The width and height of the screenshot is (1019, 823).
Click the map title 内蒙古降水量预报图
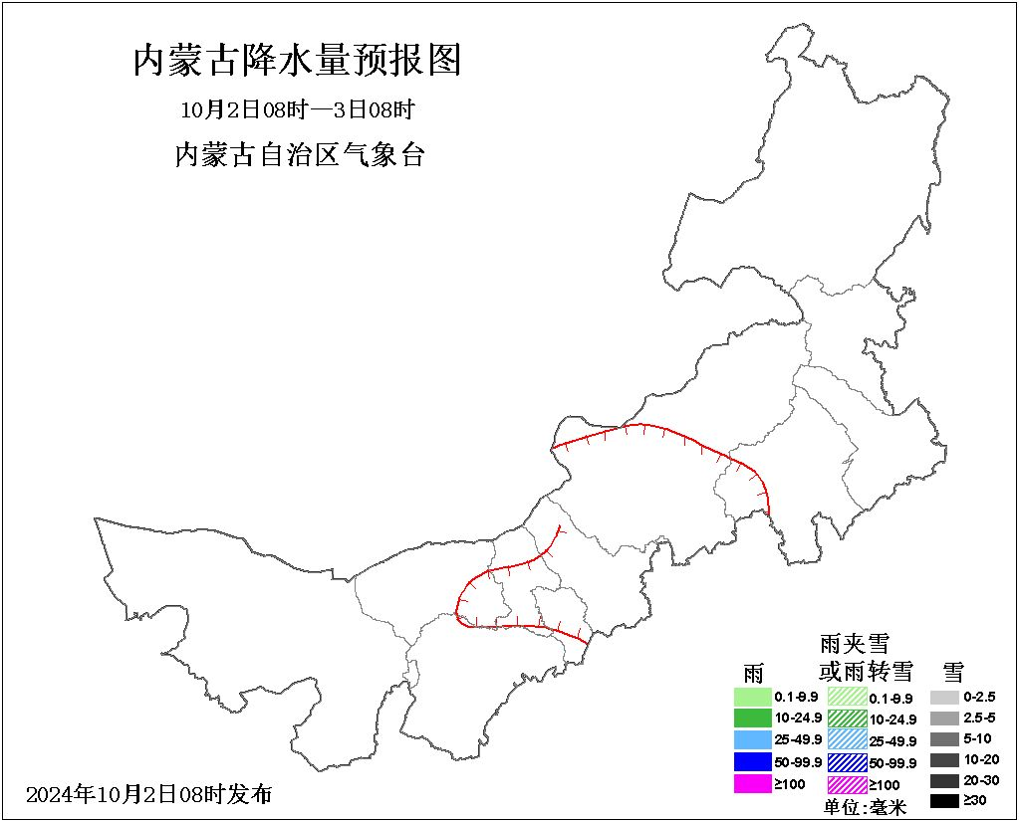point(298,62)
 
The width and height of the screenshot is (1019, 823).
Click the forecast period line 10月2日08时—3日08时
point(297,108)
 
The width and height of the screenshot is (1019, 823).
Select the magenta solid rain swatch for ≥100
point(753,783)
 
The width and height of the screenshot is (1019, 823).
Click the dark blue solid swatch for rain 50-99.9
point(753,761)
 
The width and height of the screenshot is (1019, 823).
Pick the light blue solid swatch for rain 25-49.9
point(753,739)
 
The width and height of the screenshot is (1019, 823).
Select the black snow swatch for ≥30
point(945,800)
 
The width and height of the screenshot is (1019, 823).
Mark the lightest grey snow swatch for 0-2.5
point(945,698)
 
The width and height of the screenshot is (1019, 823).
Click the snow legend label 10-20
point(981,759)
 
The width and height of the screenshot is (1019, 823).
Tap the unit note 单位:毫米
point(865,807)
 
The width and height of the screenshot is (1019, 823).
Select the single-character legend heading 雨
point(753,672)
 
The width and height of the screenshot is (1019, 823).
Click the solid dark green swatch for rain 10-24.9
point(753,718)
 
